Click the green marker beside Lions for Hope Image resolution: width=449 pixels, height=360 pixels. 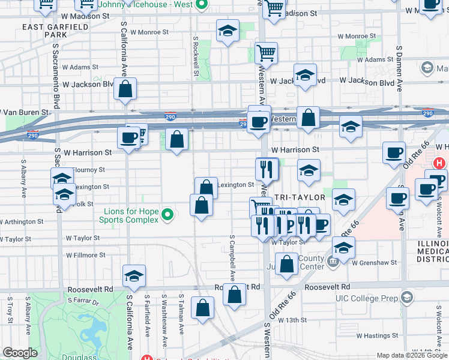tap(169, 214)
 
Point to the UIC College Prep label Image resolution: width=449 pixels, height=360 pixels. tap(369, 298)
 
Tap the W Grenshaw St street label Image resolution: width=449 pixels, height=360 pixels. tap(375, 262)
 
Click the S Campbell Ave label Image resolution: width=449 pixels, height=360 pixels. tap(232, 258)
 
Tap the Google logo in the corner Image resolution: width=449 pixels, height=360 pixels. tap(19, 353)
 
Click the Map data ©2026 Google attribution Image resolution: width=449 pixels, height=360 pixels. tap(412, 355)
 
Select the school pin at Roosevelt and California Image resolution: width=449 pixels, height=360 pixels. tap(134, 276)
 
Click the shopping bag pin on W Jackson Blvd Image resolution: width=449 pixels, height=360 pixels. tap(126, 90)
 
